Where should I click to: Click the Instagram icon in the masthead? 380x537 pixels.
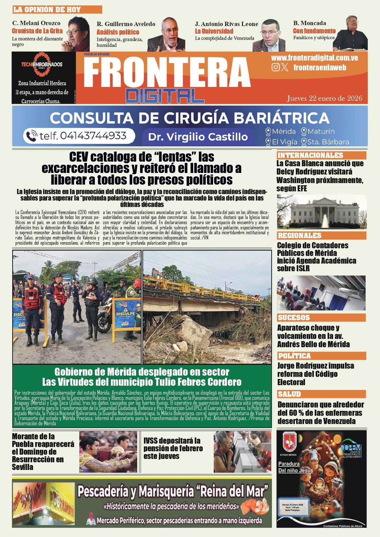276,67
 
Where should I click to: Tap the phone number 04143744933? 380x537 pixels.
93,136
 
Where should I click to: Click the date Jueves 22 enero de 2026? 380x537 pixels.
324,98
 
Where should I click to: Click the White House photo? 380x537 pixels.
322,212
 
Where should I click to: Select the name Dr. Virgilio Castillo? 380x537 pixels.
198,137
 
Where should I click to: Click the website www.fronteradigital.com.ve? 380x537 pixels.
314,58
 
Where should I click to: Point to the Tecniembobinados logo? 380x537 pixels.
42,65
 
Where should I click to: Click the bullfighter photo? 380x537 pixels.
108,452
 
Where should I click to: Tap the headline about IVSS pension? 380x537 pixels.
173,448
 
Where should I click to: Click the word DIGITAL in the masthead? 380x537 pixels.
165,96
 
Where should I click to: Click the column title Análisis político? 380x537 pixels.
118,32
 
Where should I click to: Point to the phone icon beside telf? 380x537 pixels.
32,136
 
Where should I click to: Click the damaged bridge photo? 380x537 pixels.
207,307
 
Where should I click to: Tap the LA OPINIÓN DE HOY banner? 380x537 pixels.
57,9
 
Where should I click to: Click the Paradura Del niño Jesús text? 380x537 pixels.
295,467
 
